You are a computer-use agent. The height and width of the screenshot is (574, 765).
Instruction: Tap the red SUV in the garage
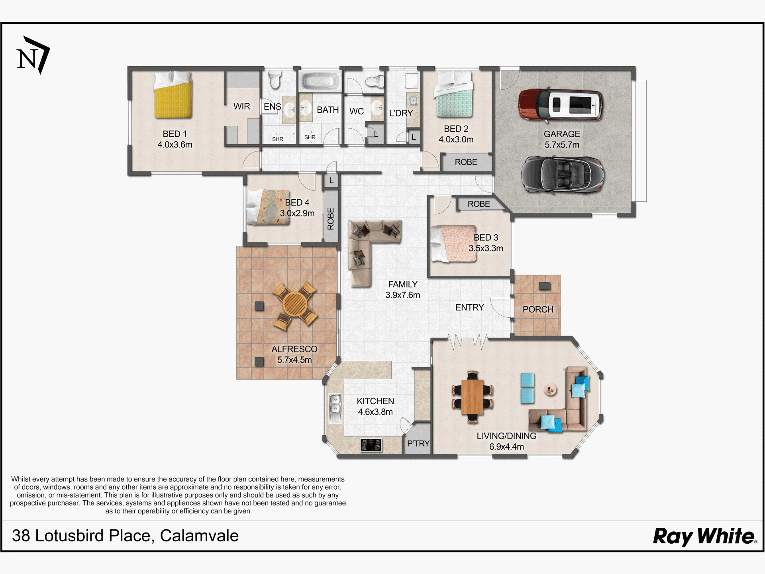pyautogui.click(x=561, y=104)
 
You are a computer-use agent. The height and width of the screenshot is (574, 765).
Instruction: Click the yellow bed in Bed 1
pyautogui.click(x=174, y=95)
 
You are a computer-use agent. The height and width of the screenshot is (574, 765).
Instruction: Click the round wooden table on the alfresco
pyautogui.click(x=295, y=306)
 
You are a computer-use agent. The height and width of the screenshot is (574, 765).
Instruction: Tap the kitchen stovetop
pyautogui.click(x=371, y=445)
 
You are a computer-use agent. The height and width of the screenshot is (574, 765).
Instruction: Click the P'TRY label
pyautogui.click(x=418, y=443)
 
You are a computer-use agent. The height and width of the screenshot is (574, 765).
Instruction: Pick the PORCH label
pyautogui.click(x=538, y=309)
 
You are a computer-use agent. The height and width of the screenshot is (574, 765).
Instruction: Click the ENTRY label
pyautogui.click(x=469, y=307)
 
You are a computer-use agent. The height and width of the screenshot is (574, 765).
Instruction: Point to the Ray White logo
pyautogui.click(x=705, y=536)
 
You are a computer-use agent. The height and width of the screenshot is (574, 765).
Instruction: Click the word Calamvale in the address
pyautogui.click(x=199, y=536)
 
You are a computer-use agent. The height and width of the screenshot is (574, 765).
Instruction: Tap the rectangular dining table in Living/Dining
pyautogui.click(x=472, y=397)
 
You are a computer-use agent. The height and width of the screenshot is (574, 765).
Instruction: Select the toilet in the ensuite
pyautogui.click(x=275, y=79)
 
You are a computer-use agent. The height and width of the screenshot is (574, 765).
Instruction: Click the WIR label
pyautogui.click(x=242, y=106)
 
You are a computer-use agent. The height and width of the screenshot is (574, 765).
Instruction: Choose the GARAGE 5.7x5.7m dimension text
pyautogui.click(x=562, y=140)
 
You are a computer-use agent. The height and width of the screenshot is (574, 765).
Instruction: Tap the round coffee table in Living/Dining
pyautogui.click(x=551, y=389)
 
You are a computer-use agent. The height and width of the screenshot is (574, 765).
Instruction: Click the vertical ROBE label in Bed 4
pyautogui.click(x=330, y=219)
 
